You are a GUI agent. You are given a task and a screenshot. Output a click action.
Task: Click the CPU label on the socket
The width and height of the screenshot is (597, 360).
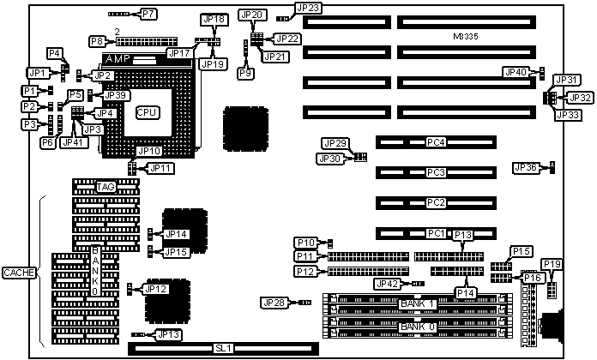tap(148, 111)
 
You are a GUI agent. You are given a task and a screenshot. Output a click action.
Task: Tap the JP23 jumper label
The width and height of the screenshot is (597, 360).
tap(309, 9)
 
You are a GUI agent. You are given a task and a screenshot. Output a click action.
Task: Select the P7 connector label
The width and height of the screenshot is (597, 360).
tap(148, 14)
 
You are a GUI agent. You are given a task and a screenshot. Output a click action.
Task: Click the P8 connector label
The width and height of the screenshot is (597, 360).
tap(97, 40)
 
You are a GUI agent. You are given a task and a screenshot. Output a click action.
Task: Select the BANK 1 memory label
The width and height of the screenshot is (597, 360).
tap(418, 304)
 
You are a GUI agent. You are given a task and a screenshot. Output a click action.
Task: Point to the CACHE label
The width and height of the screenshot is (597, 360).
tap(18, 273)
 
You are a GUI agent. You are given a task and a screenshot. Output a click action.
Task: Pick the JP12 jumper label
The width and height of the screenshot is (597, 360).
tap(156, 289)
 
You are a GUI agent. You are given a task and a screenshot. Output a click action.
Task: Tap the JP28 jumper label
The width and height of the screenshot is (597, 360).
tap(273, 302)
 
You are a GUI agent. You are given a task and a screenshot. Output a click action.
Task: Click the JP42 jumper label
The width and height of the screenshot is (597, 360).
tap(386, 284)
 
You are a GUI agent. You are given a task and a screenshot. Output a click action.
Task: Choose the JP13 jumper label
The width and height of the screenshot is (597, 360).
tap(168, 334)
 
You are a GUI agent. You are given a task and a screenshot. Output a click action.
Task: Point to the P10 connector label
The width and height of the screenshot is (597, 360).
tap(305, 243)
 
